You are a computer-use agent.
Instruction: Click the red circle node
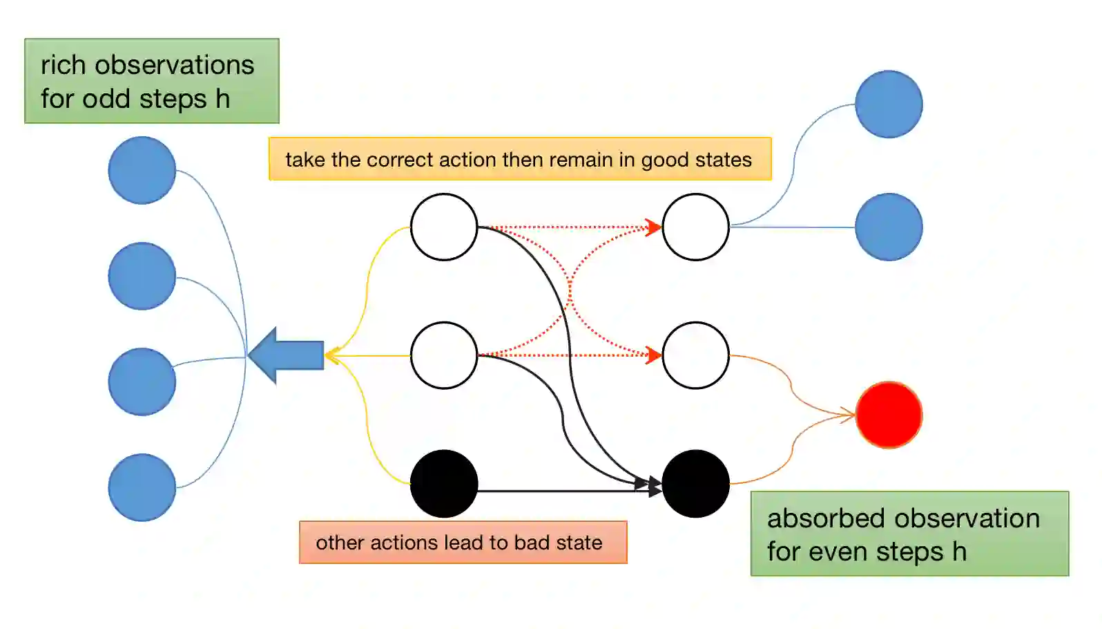pos(889,415)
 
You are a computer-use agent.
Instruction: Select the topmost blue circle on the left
pos(142,170)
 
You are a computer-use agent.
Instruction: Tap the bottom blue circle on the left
pos(142,487)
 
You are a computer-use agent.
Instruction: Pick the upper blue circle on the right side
pos(889,104)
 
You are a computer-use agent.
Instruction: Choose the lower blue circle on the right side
pos(889,227)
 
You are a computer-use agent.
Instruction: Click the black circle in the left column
pos(444,484)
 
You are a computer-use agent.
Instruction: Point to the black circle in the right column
pos(695,484)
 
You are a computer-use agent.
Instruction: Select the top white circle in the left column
pos(444,227)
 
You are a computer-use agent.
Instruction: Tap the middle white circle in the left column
pos(444,355)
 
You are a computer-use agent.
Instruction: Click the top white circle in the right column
pos(695,227)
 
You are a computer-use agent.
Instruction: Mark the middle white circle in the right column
pos(695,355)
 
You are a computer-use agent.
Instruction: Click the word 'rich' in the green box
pos(63,65)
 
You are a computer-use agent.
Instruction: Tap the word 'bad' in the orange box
pos(531,543)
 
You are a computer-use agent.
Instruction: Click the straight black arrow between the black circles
pos(559,491)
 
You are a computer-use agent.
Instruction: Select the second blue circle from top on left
pos(142,276)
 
